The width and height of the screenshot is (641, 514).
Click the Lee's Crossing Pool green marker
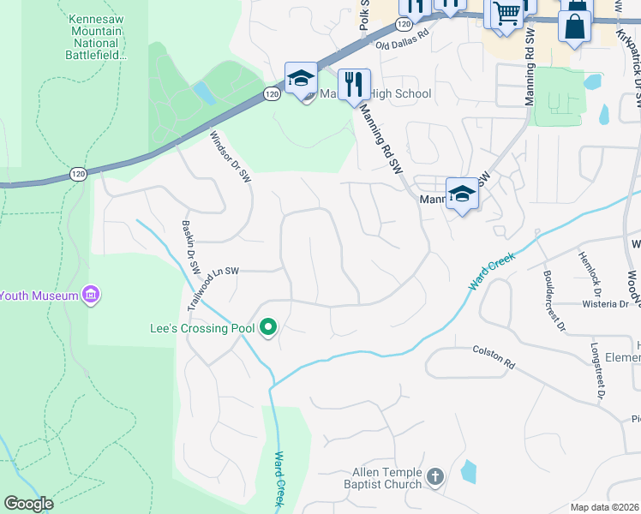267,327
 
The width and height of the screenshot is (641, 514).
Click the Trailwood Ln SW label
211,286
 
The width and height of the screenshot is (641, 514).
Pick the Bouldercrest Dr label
554,300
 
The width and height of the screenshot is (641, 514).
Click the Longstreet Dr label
597,371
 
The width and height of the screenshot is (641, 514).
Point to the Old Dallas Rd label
400,45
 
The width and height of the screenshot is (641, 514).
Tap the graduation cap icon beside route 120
301,80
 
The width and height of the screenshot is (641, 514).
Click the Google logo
28,504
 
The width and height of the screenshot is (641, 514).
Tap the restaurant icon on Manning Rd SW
354,84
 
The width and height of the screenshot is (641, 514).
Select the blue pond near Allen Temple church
468,471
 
